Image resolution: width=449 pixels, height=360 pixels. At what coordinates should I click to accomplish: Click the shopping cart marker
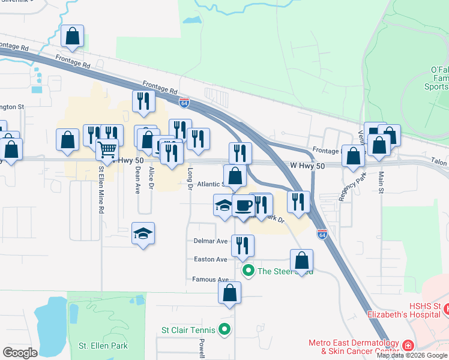(107, 148)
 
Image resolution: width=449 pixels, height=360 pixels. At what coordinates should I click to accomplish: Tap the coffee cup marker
(243, 205)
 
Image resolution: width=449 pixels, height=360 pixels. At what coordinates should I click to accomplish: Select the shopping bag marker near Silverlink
(72, 36)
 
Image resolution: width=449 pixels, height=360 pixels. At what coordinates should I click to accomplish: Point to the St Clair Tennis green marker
(224, 329)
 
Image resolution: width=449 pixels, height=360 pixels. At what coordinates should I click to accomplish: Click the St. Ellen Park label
(99, 346)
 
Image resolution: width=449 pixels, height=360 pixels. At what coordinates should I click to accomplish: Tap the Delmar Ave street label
(210, 241)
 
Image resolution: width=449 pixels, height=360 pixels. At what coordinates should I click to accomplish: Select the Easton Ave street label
(210, 259)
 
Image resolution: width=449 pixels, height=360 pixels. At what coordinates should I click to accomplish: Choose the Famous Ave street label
(210, 280)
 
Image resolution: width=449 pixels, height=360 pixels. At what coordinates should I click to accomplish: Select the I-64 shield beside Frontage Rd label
(184, 103)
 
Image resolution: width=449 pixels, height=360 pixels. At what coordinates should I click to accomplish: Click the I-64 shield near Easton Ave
(322, 235)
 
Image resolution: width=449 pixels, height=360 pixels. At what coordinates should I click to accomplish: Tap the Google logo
(20, 352)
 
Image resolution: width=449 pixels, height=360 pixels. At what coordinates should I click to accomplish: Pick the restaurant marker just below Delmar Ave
(243, 245)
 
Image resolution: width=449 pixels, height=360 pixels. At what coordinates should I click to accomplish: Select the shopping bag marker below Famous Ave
(229, 293)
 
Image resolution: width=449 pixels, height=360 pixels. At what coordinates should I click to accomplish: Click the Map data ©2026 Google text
(412, 355)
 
